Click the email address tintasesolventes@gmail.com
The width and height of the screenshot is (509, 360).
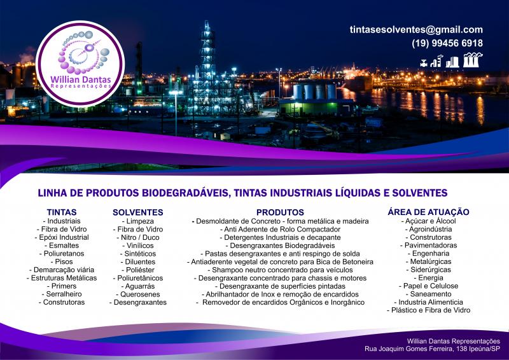click(416, 30)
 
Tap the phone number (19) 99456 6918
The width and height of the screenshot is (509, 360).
click(447, 43)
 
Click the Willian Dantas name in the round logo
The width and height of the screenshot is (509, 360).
click(81, 80)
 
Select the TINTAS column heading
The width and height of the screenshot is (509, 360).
click(62, 212)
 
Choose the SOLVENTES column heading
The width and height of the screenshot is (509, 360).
click(138, 212)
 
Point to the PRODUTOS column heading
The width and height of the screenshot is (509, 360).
click(280, 212)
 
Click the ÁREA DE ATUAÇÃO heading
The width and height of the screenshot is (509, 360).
click(428, 212)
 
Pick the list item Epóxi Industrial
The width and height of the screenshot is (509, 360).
click(62, 237)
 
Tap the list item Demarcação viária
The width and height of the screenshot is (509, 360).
click(62, 270)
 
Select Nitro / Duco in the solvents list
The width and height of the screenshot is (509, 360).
click(138, 237)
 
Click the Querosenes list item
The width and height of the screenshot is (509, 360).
click(138, 294)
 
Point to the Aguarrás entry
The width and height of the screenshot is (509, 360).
click(138, 286)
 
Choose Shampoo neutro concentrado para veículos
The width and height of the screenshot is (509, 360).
click(280, 270)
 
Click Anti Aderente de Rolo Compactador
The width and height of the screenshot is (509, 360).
click(280, 229)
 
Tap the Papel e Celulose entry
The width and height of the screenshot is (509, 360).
click(428, 286)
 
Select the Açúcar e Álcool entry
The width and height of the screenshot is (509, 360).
click(428, 221)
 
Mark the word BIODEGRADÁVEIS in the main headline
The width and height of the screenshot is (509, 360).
click(185, 193)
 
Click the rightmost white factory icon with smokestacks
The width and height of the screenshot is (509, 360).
click(472, 60)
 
